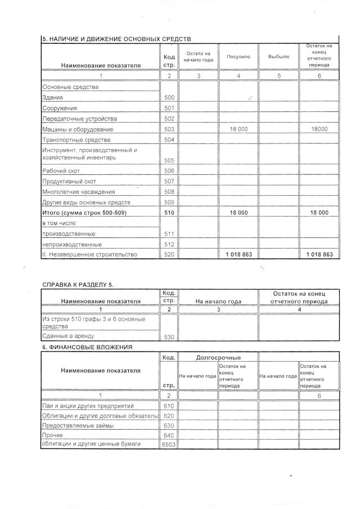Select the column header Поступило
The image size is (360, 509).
(238, 57)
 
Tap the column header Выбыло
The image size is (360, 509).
(278, 57)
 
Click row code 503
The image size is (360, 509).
(169, 129)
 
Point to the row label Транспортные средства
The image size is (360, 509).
(77, 140)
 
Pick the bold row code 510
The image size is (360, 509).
(169, 213)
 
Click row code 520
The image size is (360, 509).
(169, 255)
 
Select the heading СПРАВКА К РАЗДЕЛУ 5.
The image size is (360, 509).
(78, 285)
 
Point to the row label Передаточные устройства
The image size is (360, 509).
(79, 119)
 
